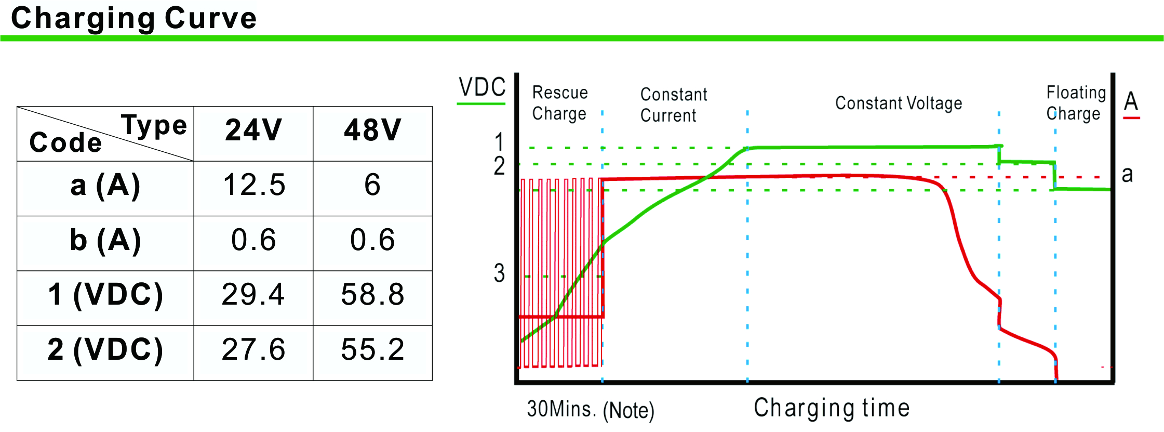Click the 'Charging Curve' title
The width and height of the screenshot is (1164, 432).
pyautogui.click(x=133, y=18)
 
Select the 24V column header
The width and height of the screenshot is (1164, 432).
pyautogui.click(x=253, y=130)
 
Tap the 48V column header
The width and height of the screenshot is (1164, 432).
pyautogui.click(x=372, y=130)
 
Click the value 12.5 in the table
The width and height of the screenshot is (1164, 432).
pyautogui.click(x=253, y=185)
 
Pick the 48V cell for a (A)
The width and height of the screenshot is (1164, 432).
pyautogui.click(x=372, y=185)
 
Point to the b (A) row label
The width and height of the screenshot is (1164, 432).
pyautogui.click(x=105, y=240)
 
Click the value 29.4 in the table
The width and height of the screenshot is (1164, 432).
pyautogui.click(x=253, y=295)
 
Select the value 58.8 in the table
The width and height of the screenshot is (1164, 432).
pyautogui.click(x=372, y=295)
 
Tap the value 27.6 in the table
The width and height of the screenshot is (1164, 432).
pyautogui.click(x=253, y=349)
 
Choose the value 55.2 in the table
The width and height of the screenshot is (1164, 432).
pyautogui.click(x=372, y=349)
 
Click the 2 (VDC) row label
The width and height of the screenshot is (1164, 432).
pyautogui.click(x=105, y=349)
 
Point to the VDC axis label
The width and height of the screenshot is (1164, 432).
pyautogui.click(x=482, y=87)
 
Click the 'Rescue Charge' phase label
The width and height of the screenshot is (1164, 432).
pyautogui.click(x=559, y=103)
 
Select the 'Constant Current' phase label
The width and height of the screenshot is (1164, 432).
pyautogui.click(x=673, y=105)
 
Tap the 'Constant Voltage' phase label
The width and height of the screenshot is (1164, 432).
pyautogui.click(x=898, y=103)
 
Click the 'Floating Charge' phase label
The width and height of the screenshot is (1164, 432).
pyautogui.click(x=1075, y=103)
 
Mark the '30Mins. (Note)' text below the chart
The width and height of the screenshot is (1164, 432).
pyautogui.click(x=590, y=410)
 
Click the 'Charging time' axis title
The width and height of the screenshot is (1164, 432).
pyautogui.click(x=832, y=408)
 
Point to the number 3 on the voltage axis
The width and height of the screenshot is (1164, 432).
pyautogui.click(x=499, y=273)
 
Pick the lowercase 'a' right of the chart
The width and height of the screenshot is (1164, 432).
pyautogui.click(x=1127, y=175)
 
